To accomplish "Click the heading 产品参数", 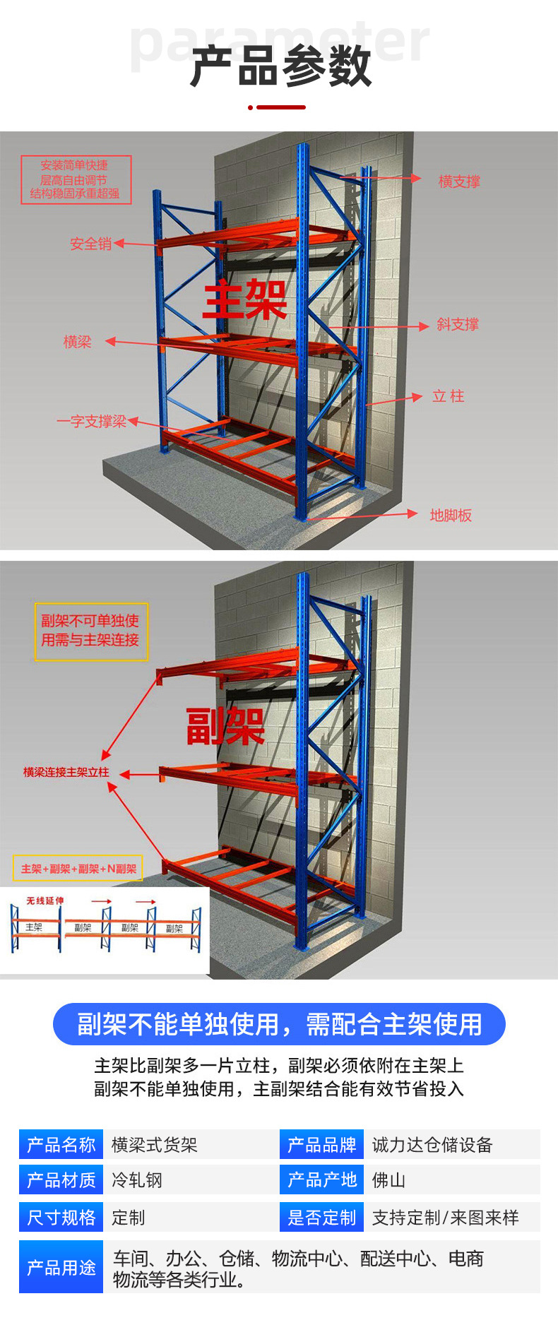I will click(x=280, y=67).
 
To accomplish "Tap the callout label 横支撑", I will click(x=459, y=182).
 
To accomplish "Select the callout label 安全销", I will click(x=90, y=244).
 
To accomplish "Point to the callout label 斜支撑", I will click(x=457, y=324).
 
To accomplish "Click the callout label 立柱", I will click(x=448, y=396).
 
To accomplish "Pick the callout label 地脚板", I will click(x=451, y=516).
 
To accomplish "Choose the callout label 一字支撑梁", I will click(x=92, y=422).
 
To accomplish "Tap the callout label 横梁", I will click(x=78, y=342).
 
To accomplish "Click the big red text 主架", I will click(x=245, y=299).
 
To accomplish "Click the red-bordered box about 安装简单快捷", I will click(x=76, y=179).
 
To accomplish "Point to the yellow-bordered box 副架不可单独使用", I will click(x=91, y=631).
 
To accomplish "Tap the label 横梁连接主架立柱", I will click(x=66, y=773).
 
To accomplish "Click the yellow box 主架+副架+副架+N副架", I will click(x=78, y=869).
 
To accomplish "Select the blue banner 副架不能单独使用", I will click(x=279, y=1024).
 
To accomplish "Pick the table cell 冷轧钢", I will click(x=137, y=1180).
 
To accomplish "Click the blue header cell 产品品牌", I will click(x=321, y=1145).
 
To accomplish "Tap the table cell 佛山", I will click(x=388, y=1180).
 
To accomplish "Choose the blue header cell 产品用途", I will click(x=61, y=1268).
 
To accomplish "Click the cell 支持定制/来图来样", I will click(x=445, y=1218).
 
